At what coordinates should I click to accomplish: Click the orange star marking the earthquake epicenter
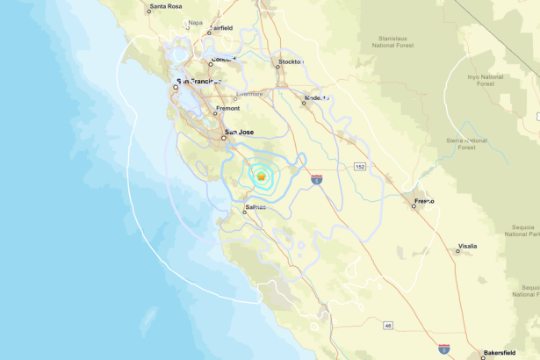[261, 176]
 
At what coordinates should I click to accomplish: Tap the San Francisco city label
[202, 82]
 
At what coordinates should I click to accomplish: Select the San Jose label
[240, 132]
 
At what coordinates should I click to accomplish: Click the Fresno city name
[425, 201]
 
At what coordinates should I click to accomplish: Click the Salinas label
[255, 208]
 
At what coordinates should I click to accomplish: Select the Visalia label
[467, 247]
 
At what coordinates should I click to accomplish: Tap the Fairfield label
[221, 28]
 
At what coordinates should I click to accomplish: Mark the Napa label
[195, 23]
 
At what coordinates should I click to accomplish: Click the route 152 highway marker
[360, 166]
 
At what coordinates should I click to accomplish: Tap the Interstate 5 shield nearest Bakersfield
[444, 349]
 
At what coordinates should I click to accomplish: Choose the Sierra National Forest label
[465, 143]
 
